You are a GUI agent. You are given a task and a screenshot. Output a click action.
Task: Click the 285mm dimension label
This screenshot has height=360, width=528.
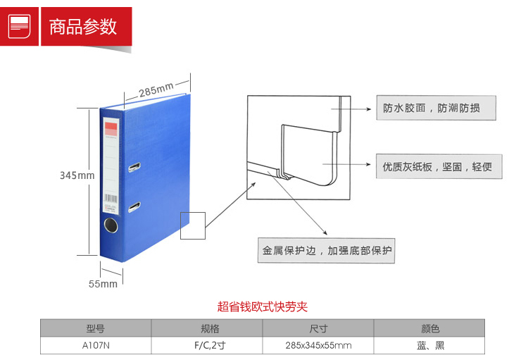156,89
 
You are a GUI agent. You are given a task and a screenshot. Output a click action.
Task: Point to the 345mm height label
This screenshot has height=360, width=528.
77,175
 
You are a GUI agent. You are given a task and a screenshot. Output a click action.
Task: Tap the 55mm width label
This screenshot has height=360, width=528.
103,284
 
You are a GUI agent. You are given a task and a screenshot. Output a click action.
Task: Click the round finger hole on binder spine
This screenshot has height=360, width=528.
111,225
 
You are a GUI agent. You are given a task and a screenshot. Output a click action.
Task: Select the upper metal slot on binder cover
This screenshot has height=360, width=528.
134,167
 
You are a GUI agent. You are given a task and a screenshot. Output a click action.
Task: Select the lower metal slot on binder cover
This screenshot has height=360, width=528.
134,206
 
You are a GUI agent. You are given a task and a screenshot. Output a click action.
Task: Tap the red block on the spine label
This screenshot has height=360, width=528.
111,129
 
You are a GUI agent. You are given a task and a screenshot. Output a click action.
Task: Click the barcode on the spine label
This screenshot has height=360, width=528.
111,198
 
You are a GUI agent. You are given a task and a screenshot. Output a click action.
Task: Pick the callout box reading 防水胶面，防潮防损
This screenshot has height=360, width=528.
436,108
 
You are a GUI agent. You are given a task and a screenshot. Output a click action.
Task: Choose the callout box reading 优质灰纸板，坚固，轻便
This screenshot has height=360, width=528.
439,166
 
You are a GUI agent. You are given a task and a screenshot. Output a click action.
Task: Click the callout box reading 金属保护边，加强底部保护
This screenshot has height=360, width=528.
326,250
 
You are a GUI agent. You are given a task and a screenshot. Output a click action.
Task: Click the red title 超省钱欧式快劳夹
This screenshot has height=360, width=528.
263,306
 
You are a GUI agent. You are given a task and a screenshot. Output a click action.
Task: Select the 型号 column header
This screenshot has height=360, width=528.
96,328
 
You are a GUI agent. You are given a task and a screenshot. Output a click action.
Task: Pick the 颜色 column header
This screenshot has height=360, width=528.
429,328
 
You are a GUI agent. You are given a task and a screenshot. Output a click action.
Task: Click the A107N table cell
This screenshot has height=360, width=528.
96,345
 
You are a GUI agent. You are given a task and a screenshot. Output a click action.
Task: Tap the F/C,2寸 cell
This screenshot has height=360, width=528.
210,345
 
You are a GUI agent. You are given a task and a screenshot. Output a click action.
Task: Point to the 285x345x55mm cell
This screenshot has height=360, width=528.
318,345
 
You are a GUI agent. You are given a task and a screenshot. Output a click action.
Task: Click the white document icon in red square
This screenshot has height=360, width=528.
19,26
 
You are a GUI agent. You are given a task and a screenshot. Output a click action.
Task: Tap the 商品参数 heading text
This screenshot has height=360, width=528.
83,27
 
